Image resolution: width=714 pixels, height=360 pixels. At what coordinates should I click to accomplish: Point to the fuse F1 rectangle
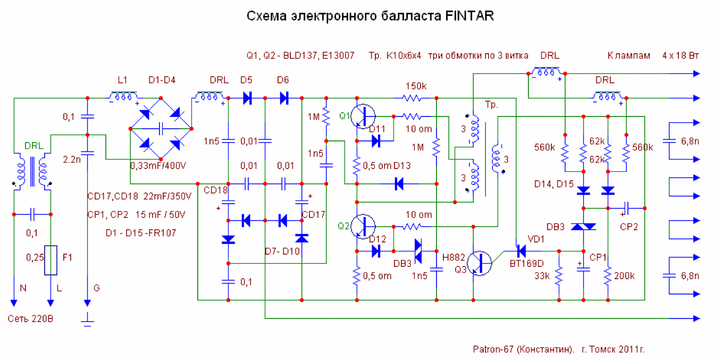[x=51, y=260]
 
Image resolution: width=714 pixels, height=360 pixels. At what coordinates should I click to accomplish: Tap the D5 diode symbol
[x=246, y=98]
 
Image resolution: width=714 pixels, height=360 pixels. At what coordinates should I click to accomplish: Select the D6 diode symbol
[x=283, y=98]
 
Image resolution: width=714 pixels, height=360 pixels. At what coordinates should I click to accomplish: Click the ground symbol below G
[x=87, y=320]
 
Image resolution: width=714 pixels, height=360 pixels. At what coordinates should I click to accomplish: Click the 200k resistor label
[x=624, y=276]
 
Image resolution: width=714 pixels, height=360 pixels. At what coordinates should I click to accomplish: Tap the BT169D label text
[x=526, y=263]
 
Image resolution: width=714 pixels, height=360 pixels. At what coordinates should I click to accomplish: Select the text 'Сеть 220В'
[x=30, y=319]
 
